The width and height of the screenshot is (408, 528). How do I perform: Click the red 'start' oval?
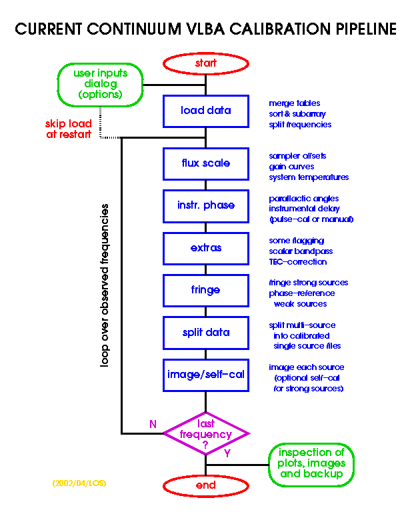[206, 63]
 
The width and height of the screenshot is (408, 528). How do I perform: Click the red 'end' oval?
[206, 485]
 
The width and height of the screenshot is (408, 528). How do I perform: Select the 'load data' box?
[206, 111]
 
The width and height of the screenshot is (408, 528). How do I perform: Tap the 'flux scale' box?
[206, 163]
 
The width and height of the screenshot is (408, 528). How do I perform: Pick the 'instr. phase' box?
[206, 205]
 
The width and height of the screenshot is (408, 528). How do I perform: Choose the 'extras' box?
[206, 248]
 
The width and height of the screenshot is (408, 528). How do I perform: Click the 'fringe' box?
[206, 290]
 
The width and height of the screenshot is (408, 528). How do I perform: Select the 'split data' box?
[206, 332]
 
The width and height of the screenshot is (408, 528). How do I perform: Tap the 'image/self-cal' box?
[206, 375]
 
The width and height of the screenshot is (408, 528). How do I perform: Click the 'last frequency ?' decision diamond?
[206, 434]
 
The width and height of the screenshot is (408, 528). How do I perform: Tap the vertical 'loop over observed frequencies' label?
[105, 286]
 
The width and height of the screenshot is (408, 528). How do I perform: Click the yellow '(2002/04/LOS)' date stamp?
[79, 481]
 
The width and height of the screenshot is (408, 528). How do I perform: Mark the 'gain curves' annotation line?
[293, 167]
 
